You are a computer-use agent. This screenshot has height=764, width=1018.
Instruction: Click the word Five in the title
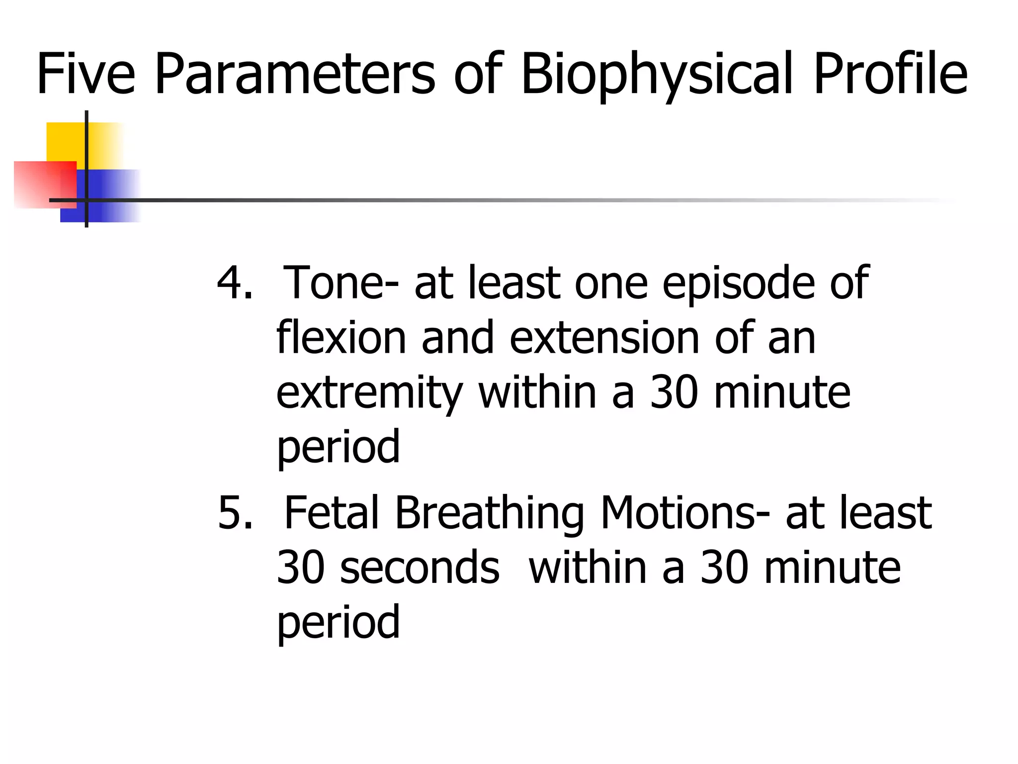[x=85, y=74]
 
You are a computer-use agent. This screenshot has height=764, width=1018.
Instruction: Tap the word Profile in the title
[x=890, y=74]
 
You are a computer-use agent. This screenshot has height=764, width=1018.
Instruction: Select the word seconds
[x=420, y=568]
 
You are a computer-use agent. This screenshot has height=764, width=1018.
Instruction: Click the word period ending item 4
[x=338, y=448]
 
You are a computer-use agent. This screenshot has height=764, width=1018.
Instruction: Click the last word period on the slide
[x=338, y=623]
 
